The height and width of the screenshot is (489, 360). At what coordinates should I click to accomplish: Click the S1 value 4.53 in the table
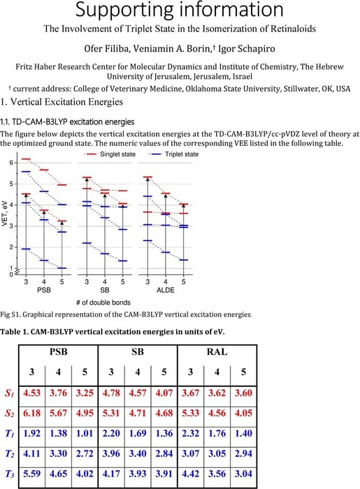click(x=32, y=393)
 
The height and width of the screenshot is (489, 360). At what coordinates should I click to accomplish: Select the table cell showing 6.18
click(x=32, y=413)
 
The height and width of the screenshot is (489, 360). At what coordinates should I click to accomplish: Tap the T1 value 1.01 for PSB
click(x=85, y=433)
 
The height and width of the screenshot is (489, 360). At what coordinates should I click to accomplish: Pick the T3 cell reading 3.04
click(x=243, y=474)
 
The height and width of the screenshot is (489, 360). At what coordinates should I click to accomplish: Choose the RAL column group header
click(x=217, y=352)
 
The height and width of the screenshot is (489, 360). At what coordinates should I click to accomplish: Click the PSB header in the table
click(x=58, y=352)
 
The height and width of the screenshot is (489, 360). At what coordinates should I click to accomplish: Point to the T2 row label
click(x=10, y=454)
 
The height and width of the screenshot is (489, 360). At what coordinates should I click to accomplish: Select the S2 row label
click(x=10, y=414)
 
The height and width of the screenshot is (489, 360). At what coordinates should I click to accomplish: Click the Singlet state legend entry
click(x=110, y=154)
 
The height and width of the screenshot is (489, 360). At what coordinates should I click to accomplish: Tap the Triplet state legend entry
click(x=175, y=154)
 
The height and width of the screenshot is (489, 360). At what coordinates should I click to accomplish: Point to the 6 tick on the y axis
click(x=11, y=163)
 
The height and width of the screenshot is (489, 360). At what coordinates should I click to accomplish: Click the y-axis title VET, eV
click(x=4, y=213)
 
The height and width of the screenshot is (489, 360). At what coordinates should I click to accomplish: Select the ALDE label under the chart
click(x=166, y=290)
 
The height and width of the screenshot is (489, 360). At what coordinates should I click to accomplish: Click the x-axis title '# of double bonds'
click(x=103, y=302)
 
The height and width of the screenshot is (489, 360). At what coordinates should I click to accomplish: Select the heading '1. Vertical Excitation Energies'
click(x=62, y=102)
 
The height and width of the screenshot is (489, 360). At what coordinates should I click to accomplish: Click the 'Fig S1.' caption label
click(x=10, y=314)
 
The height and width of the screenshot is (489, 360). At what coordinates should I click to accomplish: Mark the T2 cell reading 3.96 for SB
click(x=111, y=453)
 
